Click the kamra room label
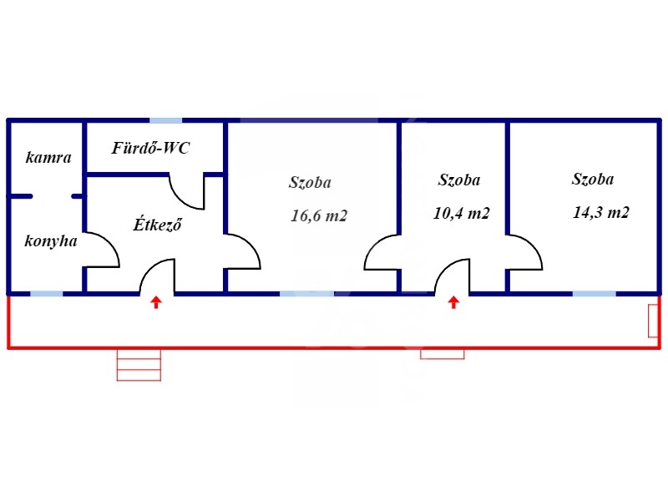(x=48, y=157)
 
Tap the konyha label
(x=51, y=241)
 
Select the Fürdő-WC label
(x=151, y=149)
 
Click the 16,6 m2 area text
(x=318, y=215)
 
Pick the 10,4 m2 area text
(x=462, y=213)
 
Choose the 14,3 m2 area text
(x=601, y=212)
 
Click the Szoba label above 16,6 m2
(x=311, y=182)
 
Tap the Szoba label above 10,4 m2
(x=459, y=180)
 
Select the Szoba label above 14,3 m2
(x=593, y=179)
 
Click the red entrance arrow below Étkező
(x=156, y=302)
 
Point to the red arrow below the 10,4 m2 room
(x=453, y=302)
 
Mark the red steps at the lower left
(x=139, y=364)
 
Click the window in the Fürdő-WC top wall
(x=165, y=121)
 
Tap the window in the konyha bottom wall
(x=47, y=293)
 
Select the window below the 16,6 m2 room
(x=306, y=293)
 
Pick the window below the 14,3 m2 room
(x=594, y=293)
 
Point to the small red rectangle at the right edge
(x=652, y=321)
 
